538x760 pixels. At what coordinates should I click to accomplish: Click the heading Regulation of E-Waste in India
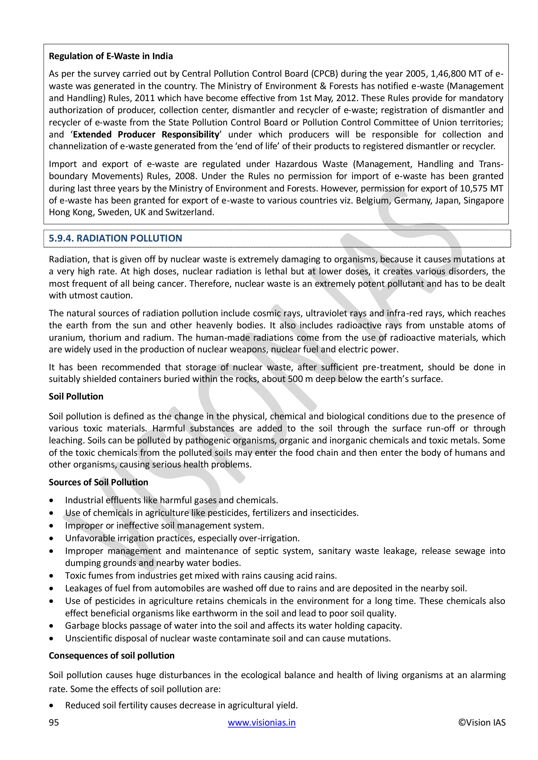pyautogui.click(x=111, y=56)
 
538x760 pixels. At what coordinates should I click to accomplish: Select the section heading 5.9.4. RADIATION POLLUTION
pyautogui.click(x=115, y=238)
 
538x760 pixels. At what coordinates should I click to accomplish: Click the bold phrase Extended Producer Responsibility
pyautogui.click(x=146, y=135)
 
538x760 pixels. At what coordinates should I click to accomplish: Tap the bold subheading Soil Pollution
pyautogui.click(x=76, y=397)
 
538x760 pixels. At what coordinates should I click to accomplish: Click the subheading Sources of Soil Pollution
pyautogui.click(x=99, y=482)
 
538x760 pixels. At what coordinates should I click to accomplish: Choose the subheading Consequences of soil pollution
pyautogui.click(x=111, y=656)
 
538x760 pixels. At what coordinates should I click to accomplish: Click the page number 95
pyautogui.click(x=54, y=722)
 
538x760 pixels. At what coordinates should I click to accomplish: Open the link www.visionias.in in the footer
pyautogui.click(x=261, y=722)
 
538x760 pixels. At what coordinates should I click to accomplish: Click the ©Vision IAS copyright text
pyautogui.click(x=482, y=722)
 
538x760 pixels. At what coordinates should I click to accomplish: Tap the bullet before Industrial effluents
pyautogui.click(x=51, y=500)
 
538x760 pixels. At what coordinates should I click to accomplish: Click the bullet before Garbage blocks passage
pyautogui.click(x=51, y=626)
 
